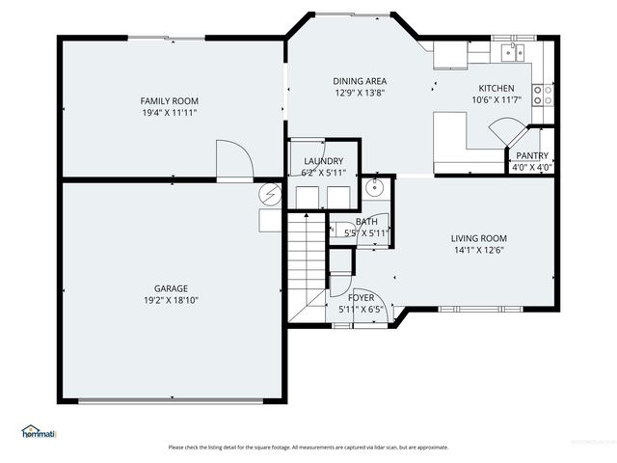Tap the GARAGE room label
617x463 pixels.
coord(171,288)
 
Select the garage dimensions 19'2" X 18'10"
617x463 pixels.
coord(171,300)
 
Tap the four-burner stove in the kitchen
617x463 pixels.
coord(544,95)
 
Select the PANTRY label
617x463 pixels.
coord(531,155)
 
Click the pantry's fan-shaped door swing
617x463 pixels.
coord(507,131)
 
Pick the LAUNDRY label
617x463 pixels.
coord(323,161)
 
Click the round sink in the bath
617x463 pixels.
coord(374,186)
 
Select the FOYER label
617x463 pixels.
coord(361,298)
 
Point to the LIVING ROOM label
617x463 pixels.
coord(478,238)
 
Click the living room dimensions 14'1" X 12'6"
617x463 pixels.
coord(478,250)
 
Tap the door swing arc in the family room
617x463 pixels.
coord(234,158)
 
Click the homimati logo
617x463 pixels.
coord(40,431)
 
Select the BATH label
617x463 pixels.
coord(366,222)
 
